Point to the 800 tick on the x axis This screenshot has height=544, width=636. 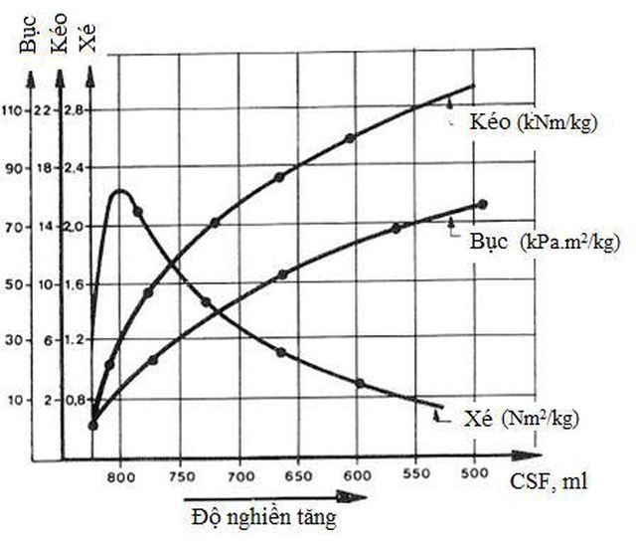click(x=120, y=476)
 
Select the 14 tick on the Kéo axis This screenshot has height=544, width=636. click(x=42, y=227)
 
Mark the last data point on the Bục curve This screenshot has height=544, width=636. click(x=483, y=204)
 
